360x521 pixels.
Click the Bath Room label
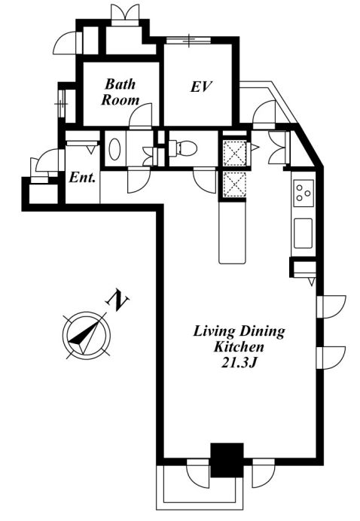(x=120, y=92)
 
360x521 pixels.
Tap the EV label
(x=201, y=87)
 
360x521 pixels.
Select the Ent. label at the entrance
(x=82, y=178)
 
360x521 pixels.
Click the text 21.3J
(x=239, y=363)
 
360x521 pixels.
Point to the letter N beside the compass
(x=117, y=300)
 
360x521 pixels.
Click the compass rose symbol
(x=87, y=334)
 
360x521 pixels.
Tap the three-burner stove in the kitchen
(x=304, y=193)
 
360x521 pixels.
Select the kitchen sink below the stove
(x=304, y=233)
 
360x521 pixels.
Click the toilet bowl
(x=183, y=148)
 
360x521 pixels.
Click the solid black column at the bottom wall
(x=227, y=460)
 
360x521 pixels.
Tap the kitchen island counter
(x=233, y=233)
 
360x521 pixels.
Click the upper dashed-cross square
(x=235, y=153)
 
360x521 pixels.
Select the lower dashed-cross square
(x=235, y=184)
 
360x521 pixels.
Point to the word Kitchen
(x=239, y=347)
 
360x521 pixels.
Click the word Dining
(x=262, y=332)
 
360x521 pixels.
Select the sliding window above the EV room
(x=188, y=41)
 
